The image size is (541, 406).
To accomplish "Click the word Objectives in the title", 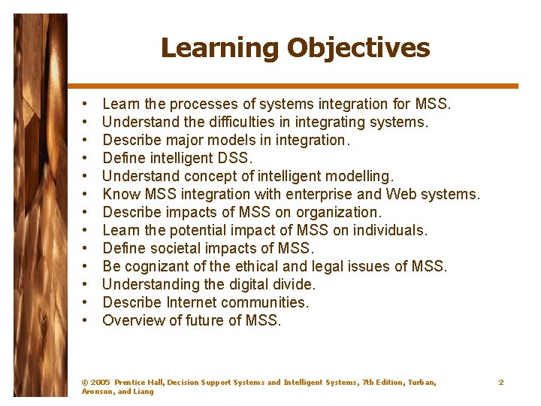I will [358, 48].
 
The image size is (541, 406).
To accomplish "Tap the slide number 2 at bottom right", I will [501, 383].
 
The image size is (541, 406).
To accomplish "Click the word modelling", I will [356, 176].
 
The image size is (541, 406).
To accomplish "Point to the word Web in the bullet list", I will [413, 194].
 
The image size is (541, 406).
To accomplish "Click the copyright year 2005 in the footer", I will [100, 383].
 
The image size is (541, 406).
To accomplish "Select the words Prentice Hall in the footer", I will [138, 383].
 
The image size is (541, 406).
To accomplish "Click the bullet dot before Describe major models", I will [87, 141].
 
